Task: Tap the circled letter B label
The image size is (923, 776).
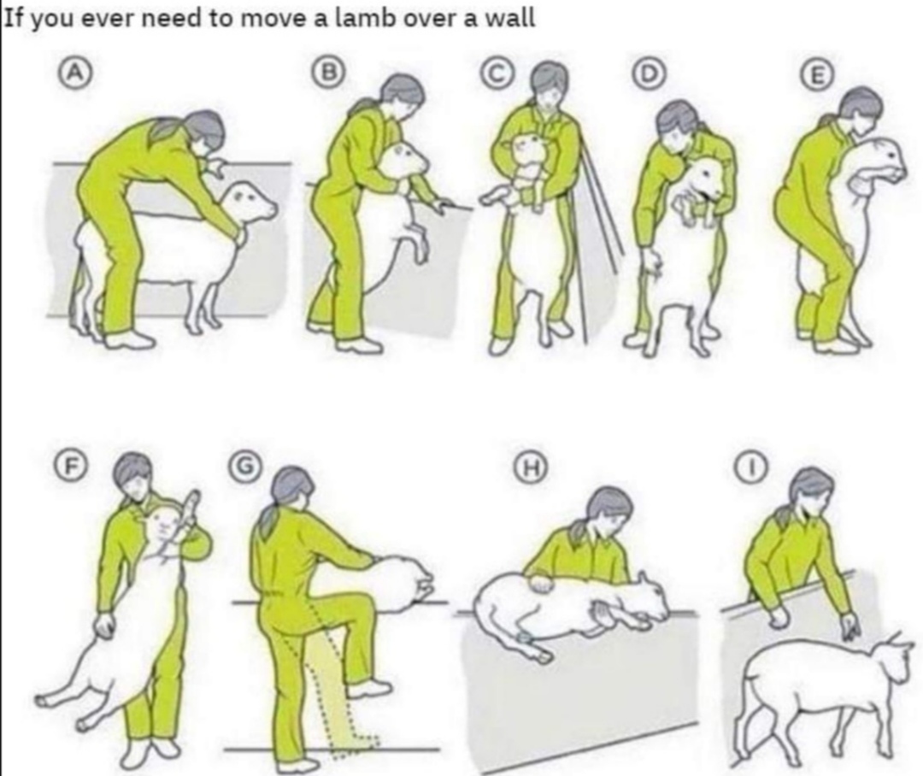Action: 331,73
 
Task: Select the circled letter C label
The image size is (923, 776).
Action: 496,73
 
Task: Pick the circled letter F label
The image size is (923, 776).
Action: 69,464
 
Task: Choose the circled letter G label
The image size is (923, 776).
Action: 247,464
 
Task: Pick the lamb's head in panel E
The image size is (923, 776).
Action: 880,158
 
